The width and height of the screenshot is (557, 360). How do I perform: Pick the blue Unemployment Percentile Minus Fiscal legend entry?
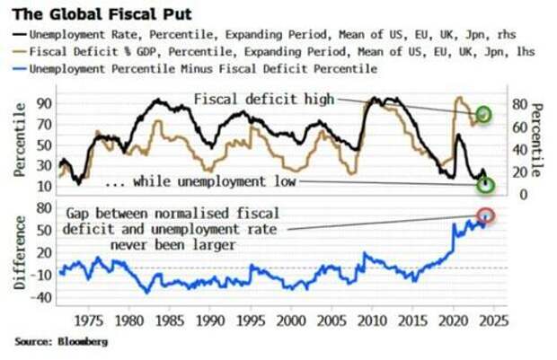pos(203,68)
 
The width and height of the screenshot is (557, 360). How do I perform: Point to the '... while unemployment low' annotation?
pos(201,182)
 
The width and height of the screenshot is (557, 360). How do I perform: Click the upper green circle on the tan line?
pos(484,114)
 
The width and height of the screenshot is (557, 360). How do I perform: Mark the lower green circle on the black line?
pos(486,185)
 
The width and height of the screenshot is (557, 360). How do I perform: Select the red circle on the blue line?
pos(485,215)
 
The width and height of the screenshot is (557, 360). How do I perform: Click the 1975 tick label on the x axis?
pos(88,320)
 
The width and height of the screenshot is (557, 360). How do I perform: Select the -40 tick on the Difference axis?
pos(39,297)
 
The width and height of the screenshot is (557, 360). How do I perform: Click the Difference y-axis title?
pos(18,254)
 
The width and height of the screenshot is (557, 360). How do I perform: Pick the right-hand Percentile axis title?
pos(541,140)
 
